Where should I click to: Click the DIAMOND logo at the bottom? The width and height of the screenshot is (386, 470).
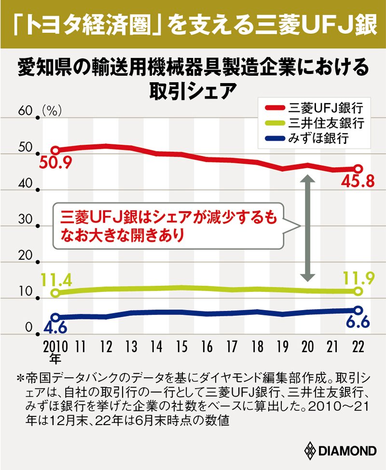[x=340, y=451]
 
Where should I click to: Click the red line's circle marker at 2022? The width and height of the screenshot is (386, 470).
[x=358, y=169]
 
